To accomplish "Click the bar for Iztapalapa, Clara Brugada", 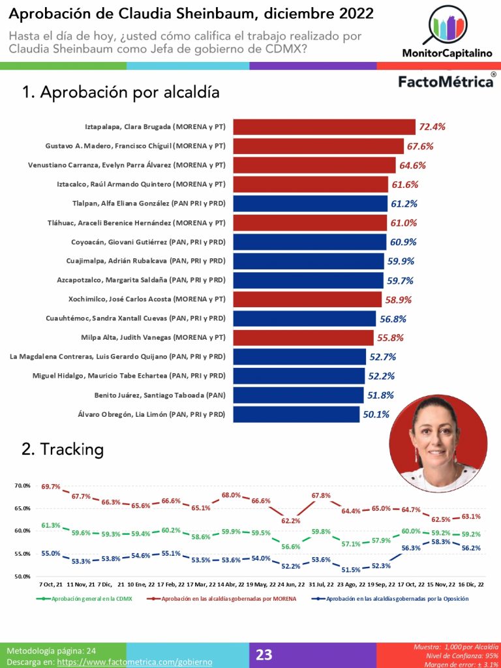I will [x=324, y=127].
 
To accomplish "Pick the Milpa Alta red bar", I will [x=302, y=338].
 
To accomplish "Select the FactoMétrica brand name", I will [x=445, y=82].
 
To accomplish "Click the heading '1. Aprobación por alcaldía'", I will [x=121, y=93].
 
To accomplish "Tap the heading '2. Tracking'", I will [x=63, y=449].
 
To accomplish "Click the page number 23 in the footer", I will [x=264, y=654].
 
